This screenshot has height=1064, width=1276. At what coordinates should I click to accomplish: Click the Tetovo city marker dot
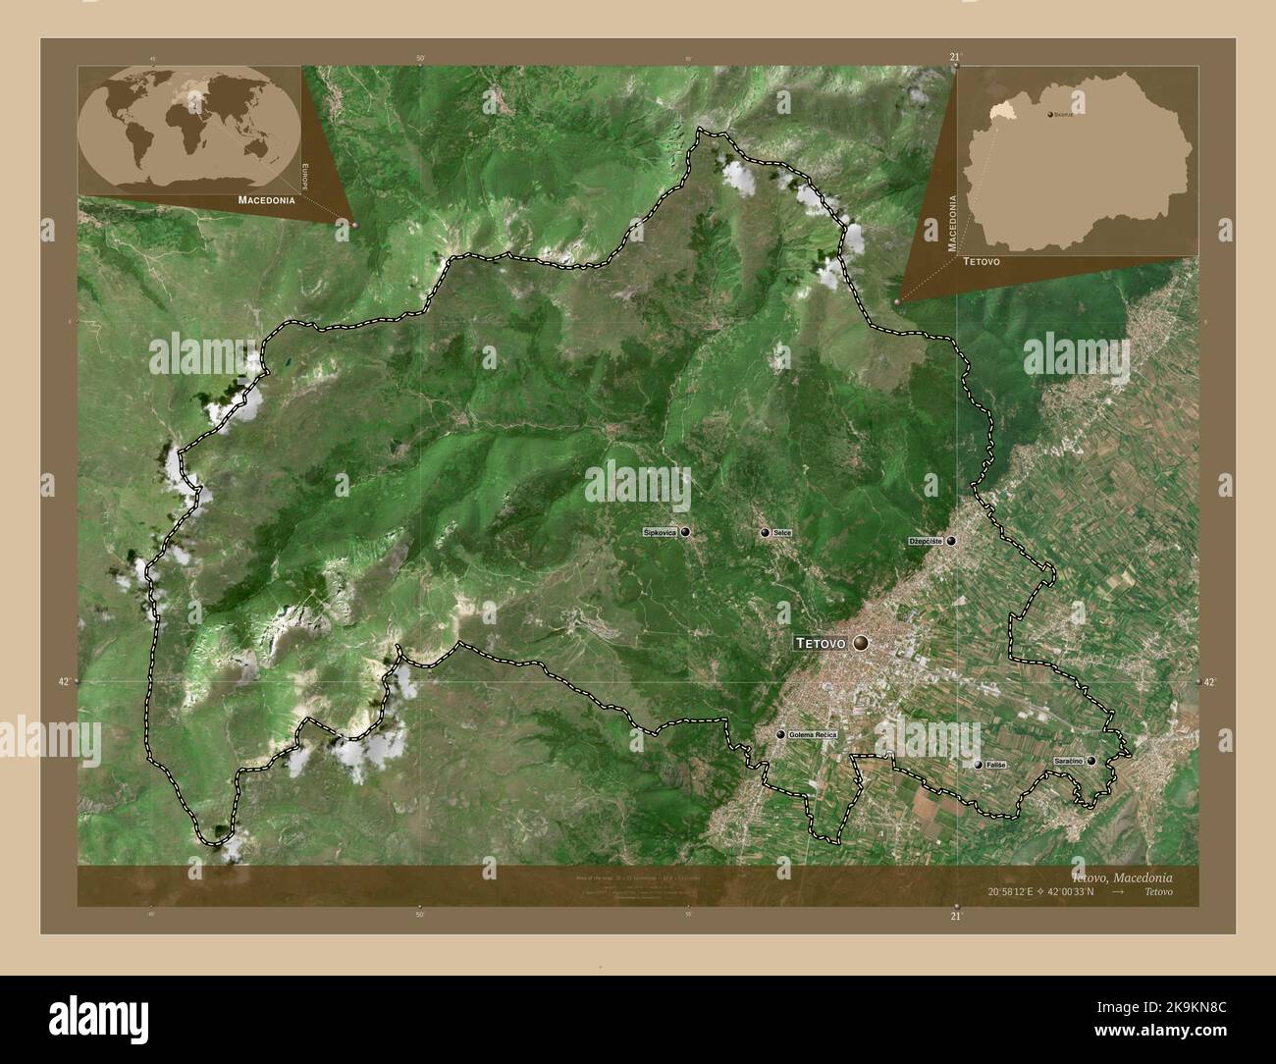862,643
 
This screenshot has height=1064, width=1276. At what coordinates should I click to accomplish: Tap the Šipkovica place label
660,532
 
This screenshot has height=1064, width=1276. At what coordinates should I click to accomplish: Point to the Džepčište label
926,541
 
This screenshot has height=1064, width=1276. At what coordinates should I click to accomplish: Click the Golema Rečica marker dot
780,734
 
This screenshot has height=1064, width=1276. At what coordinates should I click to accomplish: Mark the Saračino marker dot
1090,761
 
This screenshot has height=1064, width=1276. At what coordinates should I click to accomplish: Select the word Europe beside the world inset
305,180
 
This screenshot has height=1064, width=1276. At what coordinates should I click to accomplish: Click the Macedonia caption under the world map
266,199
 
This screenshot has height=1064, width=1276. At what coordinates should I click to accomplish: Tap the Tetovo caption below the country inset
982,263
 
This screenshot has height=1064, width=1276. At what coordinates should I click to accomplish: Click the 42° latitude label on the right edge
1208,681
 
